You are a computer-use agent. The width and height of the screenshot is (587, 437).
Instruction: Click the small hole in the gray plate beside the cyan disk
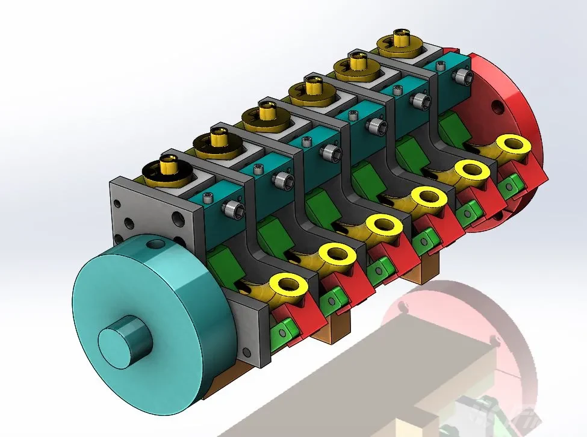[x=246, y=351]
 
